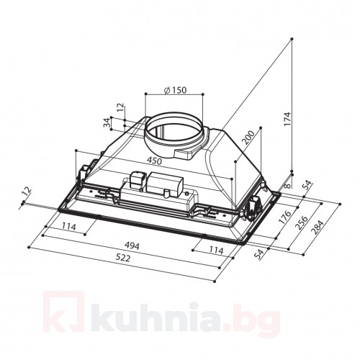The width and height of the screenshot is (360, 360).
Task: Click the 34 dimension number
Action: [x=108, y=124]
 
